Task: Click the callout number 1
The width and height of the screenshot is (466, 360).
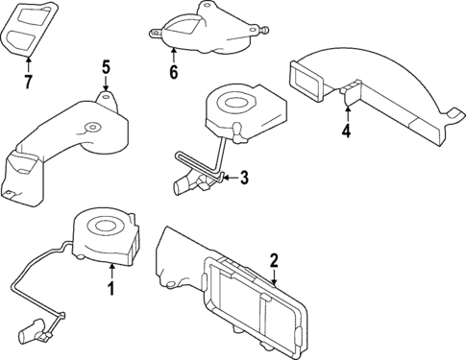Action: pyautogui.click(x=110, y=288)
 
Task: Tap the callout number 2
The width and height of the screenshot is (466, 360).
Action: pyautogui.click(x=274, y=259)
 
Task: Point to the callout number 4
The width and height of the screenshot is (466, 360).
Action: pyautogui.click(x=347, y=131)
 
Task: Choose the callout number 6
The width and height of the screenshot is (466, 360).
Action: pyautogui.click(x=173, y=71)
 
